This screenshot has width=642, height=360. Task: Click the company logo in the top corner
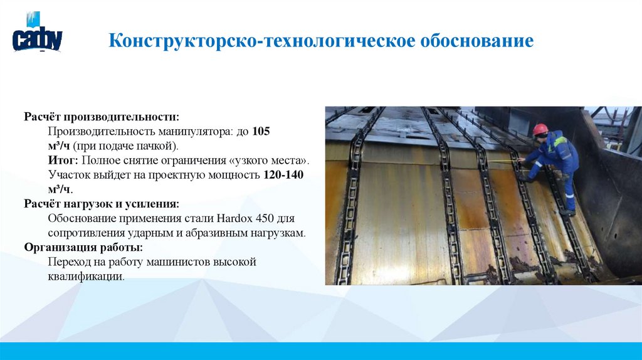[x=37, y=35]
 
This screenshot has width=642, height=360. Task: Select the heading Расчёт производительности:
[x=102, y=117]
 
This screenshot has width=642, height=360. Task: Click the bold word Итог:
[x=61, y=161]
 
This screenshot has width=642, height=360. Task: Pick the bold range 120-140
[x=283, y=175]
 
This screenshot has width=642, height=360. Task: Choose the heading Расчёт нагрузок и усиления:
[x=102, y=204]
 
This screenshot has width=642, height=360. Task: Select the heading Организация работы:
[x=84, y=247]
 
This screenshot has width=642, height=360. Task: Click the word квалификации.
[x=85, y=276]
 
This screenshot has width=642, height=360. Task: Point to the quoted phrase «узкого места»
[x=273, y=161]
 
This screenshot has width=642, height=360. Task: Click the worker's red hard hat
[x=540, y=129]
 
